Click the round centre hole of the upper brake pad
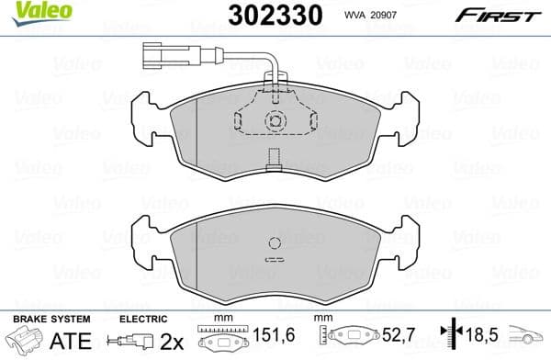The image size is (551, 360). click(x=273, y=120)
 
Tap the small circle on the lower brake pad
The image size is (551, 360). click(x=273, y=243)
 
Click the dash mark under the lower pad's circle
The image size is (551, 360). click(x=273, y=260)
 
